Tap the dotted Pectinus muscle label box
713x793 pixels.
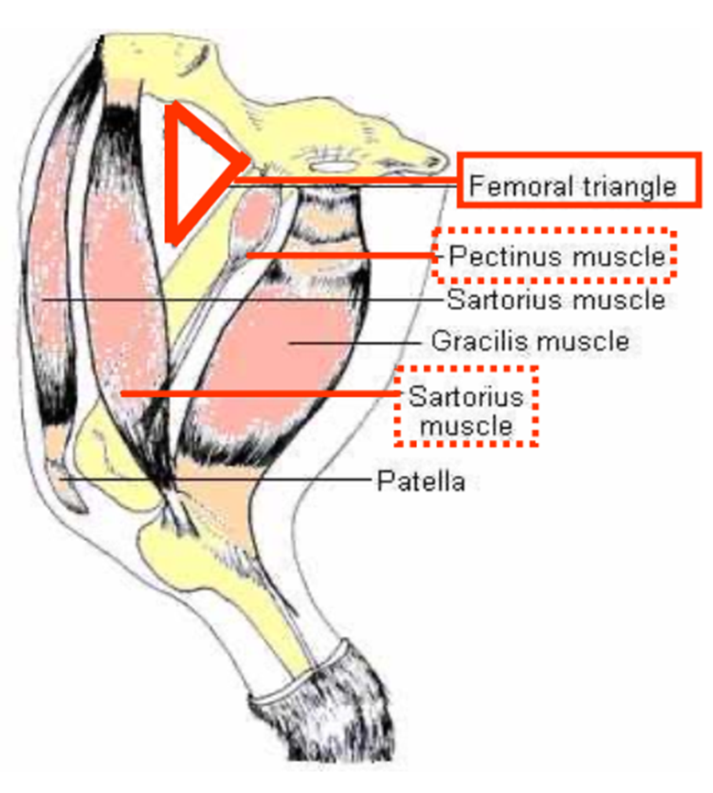click(555, 255)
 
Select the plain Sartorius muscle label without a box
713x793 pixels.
click(555, 300)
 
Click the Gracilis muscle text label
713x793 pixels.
click(531, 342)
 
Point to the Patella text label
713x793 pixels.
click(421, 481)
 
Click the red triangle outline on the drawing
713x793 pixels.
click(172, 174)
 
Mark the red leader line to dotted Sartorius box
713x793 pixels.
click(257, 393)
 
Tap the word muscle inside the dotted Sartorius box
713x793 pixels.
click(466, 426)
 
